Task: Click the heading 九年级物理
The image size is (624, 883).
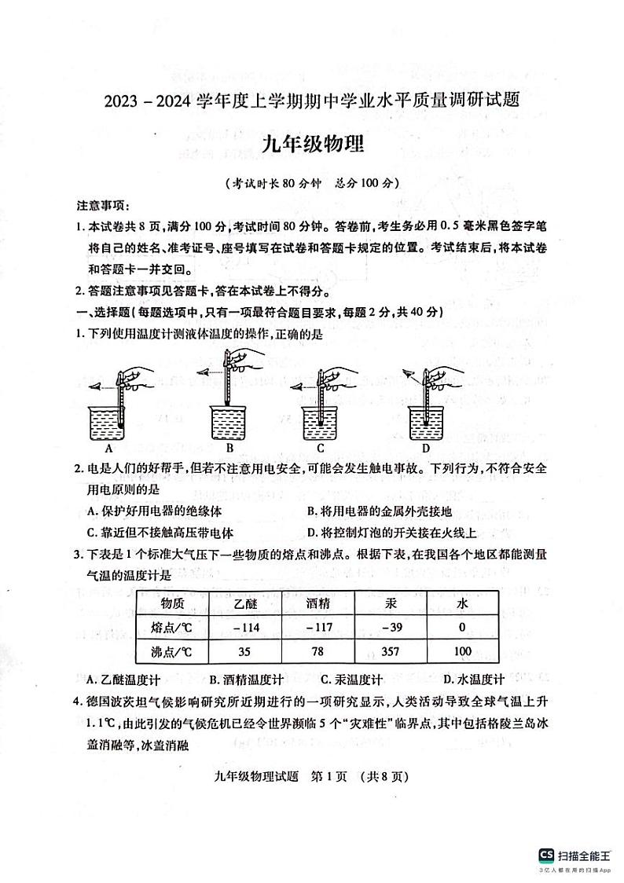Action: point(312,145)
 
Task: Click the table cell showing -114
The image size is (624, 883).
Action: point(245,626)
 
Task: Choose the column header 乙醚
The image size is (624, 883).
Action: point(245,603)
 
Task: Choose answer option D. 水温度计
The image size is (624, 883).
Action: point(472,680)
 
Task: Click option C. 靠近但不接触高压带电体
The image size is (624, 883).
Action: point(150,531)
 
